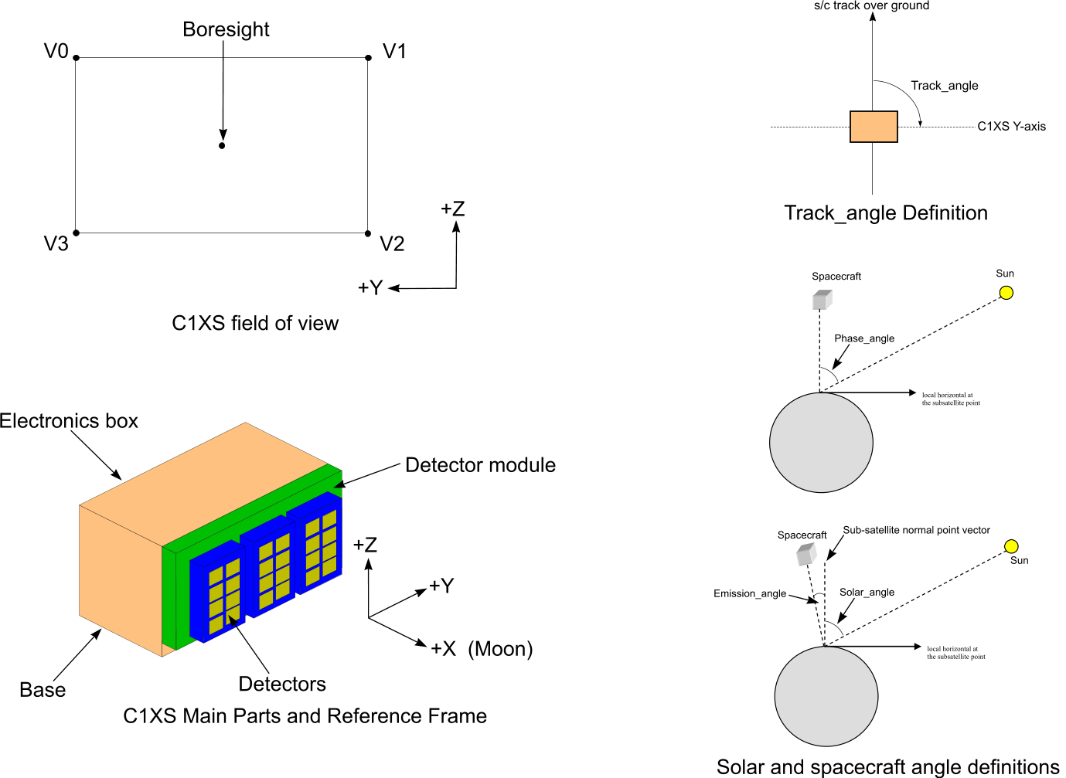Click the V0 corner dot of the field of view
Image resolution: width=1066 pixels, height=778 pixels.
(x=76, y=58)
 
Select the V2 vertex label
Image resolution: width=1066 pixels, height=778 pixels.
(x=392, y=244)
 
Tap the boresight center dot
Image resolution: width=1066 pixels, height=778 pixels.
(x=222, y=145)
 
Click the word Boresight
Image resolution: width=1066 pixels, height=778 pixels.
(x=226, y=29)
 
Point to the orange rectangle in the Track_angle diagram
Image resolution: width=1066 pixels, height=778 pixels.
(x=874, y=127)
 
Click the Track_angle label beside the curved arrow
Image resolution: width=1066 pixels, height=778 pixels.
(x=945, y=86)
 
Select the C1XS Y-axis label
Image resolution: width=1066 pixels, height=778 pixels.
(x=1012, y=127)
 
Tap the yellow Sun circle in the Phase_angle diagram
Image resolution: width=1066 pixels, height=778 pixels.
(x=1006, y=293)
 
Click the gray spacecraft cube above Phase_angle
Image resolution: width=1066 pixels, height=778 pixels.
(x=822, y=300)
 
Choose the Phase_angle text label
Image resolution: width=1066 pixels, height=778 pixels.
(x=864, y=338)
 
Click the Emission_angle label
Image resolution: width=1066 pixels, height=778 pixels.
(x=750, y=593)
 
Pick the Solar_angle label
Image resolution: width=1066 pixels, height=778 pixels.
(x=867, y=592)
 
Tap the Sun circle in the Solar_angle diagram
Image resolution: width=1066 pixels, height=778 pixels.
(x=1011, y=546)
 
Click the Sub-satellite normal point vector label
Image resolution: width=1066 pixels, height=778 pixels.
(x=917, y=530)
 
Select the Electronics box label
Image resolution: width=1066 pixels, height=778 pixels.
(x=69, y=421)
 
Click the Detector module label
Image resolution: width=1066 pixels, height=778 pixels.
(x=480, y=465)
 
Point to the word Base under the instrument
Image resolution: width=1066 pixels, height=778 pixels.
(x=43, y=690)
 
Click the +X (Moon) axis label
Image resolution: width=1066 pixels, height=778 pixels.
(x=482, y=649)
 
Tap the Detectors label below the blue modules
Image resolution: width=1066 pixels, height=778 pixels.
(x=282, y=685)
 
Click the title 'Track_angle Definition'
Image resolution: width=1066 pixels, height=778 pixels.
(x=886, y=213)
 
